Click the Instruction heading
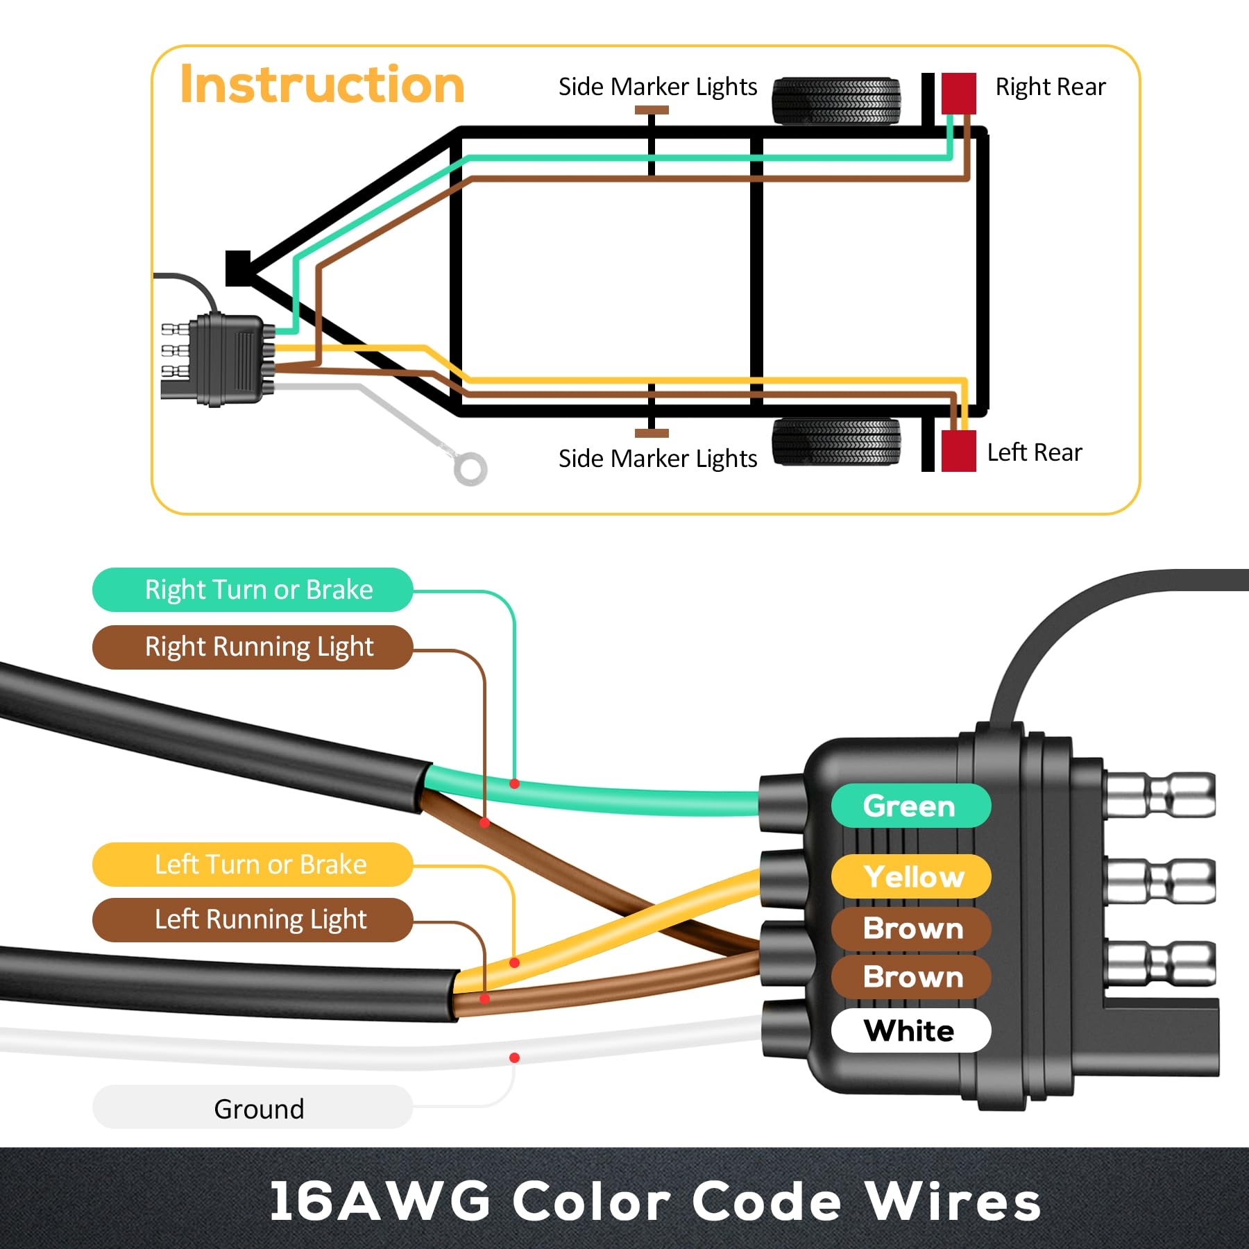coord(322,85)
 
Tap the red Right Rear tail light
coord(958,93)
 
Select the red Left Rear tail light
coord(958,451)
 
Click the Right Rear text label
coord(1050,87)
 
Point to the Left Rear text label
coord(1034,452)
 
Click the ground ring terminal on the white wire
coord(470,468)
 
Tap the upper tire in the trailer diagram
coord(836,101)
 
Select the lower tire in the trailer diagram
coord(836,441)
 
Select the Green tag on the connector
coord(910,806)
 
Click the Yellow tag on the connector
coord(912,876)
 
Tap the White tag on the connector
coord(910,1030)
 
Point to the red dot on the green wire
coord(514,784)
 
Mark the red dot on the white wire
coord(514,1057)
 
